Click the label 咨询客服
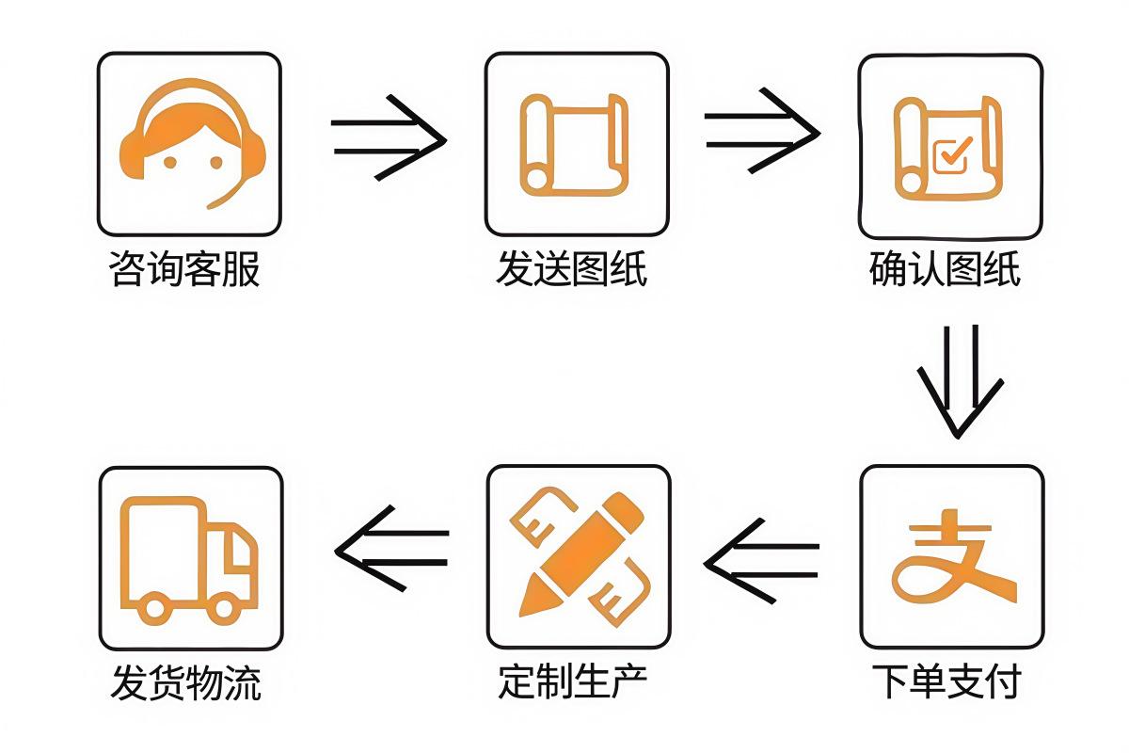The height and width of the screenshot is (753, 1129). coord(184,271)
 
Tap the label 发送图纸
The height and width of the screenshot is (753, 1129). coord(571,271)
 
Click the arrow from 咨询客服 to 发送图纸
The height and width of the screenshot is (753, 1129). coord(388,137)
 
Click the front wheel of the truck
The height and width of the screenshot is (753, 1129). coord(224,608)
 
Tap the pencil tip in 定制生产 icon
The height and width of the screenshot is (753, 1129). coord(529,602)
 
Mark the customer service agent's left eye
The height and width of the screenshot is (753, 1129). coord(169,161)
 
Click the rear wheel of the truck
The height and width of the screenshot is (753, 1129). coord(151,608)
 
